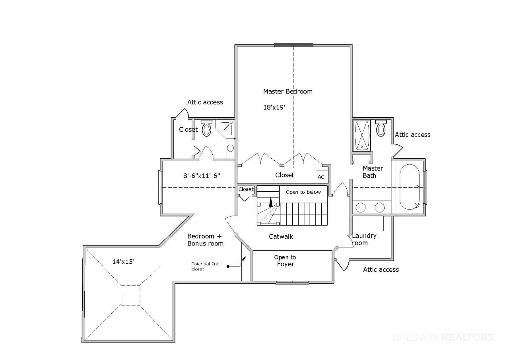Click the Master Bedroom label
(288, 91)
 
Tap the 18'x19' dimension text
(274, 107)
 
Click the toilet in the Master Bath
(381, 128)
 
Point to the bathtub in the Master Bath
(410, 187)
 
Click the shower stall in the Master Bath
(361, 136)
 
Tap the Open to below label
(303, 192)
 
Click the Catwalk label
(281, 236)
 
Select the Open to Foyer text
(285, 261)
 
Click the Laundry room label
(364, 239)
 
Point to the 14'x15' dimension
(123, 262)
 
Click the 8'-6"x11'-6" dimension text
(202, 176)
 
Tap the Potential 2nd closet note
(205, 267)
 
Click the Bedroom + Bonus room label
(205, 240)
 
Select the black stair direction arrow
(271, 202)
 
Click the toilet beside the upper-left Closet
(206, 128)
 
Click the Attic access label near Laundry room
(381, 270)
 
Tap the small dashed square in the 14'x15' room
(130, 296)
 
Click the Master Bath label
(373, 172)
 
